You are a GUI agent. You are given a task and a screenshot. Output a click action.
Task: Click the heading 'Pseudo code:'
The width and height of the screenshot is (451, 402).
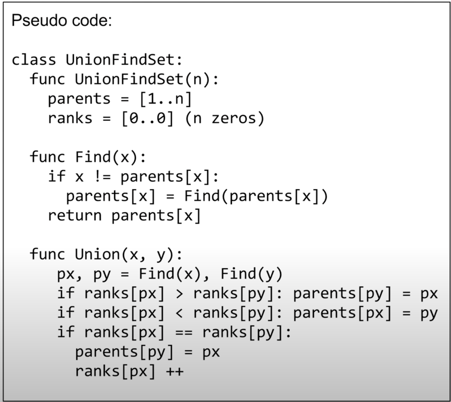[x=61, y=20]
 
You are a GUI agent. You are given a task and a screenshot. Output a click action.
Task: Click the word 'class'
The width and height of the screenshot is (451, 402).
[x=34, y=60]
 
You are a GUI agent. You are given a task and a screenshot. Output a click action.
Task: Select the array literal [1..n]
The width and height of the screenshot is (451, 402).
[x=165, y=99]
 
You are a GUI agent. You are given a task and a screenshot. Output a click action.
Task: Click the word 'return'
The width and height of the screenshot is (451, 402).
[x=74, y=215]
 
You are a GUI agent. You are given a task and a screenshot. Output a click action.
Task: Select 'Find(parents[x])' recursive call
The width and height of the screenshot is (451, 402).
[x=256, y=196]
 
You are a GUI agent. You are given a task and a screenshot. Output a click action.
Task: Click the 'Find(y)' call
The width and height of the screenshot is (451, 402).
[x=251, y=274]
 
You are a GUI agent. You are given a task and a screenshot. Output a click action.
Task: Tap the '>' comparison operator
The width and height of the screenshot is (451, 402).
[x=180, y=293]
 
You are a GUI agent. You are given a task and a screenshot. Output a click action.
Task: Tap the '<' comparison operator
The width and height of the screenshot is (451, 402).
[x=180, y=313]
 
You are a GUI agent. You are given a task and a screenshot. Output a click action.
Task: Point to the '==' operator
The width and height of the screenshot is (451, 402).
[x=184, y=332]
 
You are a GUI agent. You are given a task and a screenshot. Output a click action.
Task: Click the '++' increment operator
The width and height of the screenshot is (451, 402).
[x=175, y=371]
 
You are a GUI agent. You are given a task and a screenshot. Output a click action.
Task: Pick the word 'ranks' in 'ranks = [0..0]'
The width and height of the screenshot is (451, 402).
[x=70, y=118]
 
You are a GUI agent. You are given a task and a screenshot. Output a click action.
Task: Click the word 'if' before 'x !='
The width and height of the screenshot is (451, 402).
[x=56, y=177]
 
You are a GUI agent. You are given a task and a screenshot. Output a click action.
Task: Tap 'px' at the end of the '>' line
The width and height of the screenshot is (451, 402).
[x=429, y=293]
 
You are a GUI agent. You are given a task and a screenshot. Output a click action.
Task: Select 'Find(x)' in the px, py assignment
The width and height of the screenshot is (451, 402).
[x=170, y=274]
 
